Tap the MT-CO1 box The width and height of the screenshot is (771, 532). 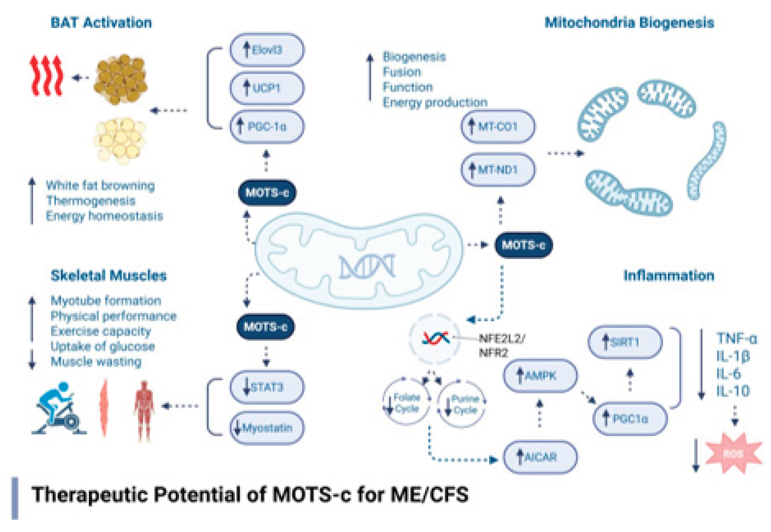498,126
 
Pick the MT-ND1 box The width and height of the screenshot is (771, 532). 498,170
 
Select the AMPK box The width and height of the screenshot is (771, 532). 540,376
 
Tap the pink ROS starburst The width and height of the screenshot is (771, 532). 733,453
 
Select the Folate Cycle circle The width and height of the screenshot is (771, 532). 406,403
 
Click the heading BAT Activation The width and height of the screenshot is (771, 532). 101,23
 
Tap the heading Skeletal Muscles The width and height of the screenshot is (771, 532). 108,276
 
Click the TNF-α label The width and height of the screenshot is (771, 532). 737,339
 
